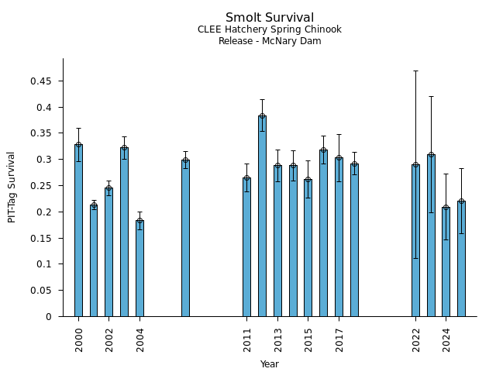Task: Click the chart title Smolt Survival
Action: pos(270,18)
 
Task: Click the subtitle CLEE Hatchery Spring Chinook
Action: pos(270,30)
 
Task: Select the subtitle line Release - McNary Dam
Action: pos(270,41)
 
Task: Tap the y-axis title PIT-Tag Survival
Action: pos(12,187)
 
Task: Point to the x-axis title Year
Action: pos(270,364)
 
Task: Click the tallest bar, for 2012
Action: pos(262,216)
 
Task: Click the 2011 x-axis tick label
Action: pos(247,339)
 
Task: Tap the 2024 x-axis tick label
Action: pos(446,339)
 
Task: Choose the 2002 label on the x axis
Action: pos(109,339)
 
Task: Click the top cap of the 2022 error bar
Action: pos(415,71)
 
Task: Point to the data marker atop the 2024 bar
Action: pos(446,208)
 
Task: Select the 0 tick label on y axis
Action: pos(49,317)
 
